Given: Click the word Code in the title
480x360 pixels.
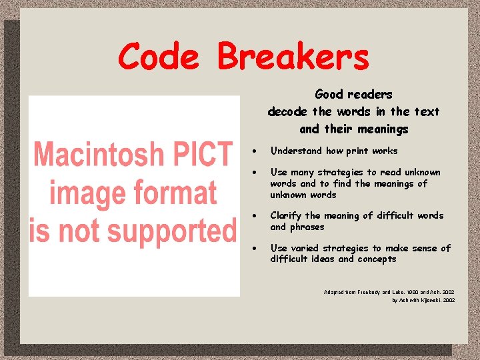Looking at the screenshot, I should [x=158, y=57].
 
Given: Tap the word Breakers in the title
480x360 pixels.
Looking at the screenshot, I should [x=293, y=57].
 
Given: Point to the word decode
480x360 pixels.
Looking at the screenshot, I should [x=288, y=112].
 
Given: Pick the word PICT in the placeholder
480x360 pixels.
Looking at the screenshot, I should [x=206, y=155].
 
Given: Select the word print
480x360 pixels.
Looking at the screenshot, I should [x=357, y=151].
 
